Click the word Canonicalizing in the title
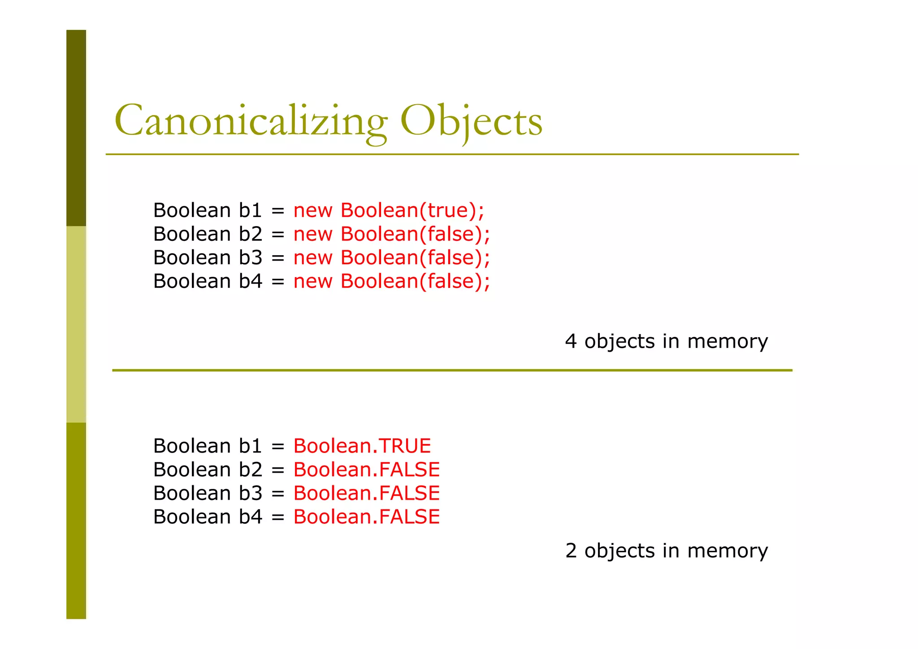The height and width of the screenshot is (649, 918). click(251, 121)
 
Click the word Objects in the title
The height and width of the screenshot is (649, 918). click(471, 121)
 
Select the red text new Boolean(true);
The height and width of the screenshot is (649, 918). click(389, 210)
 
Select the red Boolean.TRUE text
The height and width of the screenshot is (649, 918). click(362, 446)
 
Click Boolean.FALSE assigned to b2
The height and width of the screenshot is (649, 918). click(366, 470)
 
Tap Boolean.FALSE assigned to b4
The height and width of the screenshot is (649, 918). click(366, 517)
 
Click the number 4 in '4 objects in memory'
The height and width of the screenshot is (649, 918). click(571, 342)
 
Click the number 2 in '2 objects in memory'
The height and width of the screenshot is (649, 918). click(571, 551)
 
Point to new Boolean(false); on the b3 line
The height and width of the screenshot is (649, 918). click(391, 258)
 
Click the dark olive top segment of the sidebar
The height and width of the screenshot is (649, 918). click(76, 128)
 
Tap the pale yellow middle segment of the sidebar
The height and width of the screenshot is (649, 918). click(76, 324)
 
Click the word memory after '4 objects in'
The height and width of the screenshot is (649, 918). click(727, 342)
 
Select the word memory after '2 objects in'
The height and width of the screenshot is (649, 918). click(727, 551)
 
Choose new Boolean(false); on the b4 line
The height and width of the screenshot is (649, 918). click(391, 282)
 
